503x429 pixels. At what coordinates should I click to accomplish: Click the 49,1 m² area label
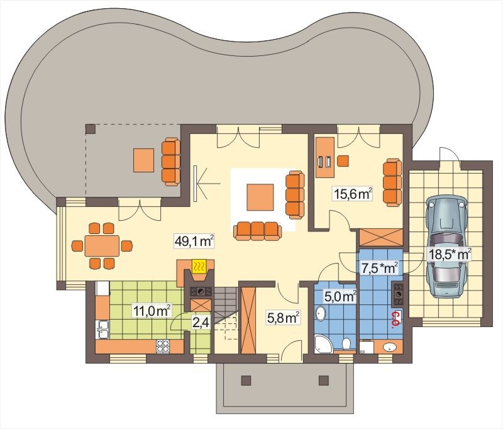[194, 242]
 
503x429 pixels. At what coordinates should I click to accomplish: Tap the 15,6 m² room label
[353, 194]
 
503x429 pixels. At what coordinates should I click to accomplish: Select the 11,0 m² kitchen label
[152, 310]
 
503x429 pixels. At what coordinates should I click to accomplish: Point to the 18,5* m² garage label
[450, 255]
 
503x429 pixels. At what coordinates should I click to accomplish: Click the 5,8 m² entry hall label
[284, 318]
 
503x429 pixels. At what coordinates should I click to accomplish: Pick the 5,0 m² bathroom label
[340, 297]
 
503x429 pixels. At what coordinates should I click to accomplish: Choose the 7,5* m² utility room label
[380, 268]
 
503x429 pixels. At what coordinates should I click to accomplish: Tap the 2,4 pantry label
[201, 322]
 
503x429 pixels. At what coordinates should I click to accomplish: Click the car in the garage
[446, 247]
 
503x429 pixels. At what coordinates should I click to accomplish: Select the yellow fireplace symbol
[199, 266]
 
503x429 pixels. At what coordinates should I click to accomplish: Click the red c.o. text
[397, 320]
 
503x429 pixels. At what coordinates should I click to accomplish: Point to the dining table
[102, 246]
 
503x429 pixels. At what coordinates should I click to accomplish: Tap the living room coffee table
[260, 198]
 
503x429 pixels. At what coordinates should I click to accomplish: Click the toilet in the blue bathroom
[346, 345]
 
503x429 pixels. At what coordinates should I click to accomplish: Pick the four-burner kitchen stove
[163, 347]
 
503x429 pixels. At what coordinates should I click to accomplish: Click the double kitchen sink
[103, 329]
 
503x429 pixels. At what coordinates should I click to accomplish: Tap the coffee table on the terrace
[144, 160]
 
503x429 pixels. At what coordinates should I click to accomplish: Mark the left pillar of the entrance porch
[246, 380]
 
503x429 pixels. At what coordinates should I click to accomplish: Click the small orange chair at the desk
[343, 161]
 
